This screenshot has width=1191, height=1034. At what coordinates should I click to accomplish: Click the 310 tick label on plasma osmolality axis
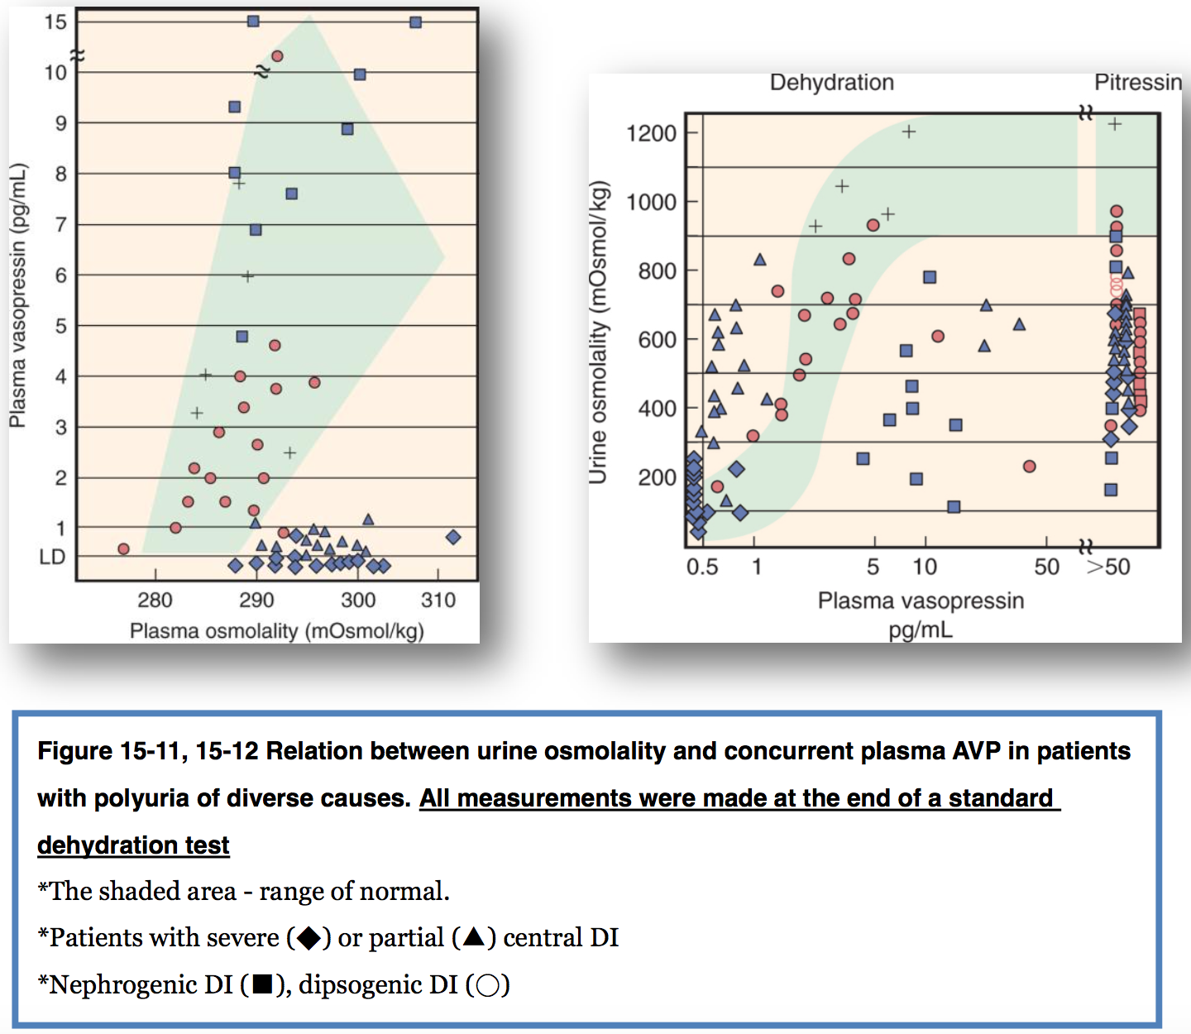click(438, 600)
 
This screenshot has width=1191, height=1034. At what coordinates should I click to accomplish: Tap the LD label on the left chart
click(52, 558)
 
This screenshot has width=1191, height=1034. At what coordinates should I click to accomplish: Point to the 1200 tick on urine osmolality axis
click(652, 133)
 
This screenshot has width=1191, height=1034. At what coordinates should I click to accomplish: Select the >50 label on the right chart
click(1108, 567)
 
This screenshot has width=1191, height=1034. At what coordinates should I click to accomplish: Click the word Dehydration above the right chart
click(832, 83)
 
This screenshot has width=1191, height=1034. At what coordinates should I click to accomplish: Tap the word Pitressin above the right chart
click(1138, 83)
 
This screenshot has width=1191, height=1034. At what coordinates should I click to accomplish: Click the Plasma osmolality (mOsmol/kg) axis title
click(276, 631)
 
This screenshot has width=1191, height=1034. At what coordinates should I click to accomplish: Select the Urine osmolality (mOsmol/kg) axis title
click(599, 333)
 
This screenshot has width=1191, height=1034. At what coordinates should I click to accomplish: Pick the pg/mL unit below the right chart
click(921, 629)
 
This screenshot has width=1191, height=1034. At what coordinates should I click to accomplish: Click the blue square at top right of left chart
click(416, 22)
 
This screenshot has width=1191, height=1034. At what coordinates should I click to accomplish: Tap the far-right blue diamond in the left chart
click(453, 538)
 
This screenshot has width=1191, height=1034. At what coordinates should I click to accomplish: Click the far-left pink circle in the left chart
click(123, 549)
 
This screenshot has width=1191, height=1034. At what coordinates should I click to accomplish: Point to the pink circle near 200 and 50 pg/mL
click(1029, 467)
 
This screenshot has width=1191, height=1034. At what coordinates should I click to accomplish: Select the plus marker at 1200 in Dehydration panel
click(909, 132)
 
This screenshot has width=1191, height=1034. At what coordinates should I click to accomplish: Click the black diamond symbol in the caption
click(309, 938)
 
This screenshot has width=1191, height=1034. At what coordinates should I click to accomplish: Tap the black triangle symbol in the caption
click(474, 936)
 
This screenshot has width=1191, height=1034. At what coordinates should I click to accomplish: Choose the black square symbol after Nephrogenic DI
click(262, 984)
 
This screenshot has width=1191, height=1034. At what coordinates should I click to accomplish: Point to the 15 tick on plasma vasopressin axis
click(56, 22)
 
